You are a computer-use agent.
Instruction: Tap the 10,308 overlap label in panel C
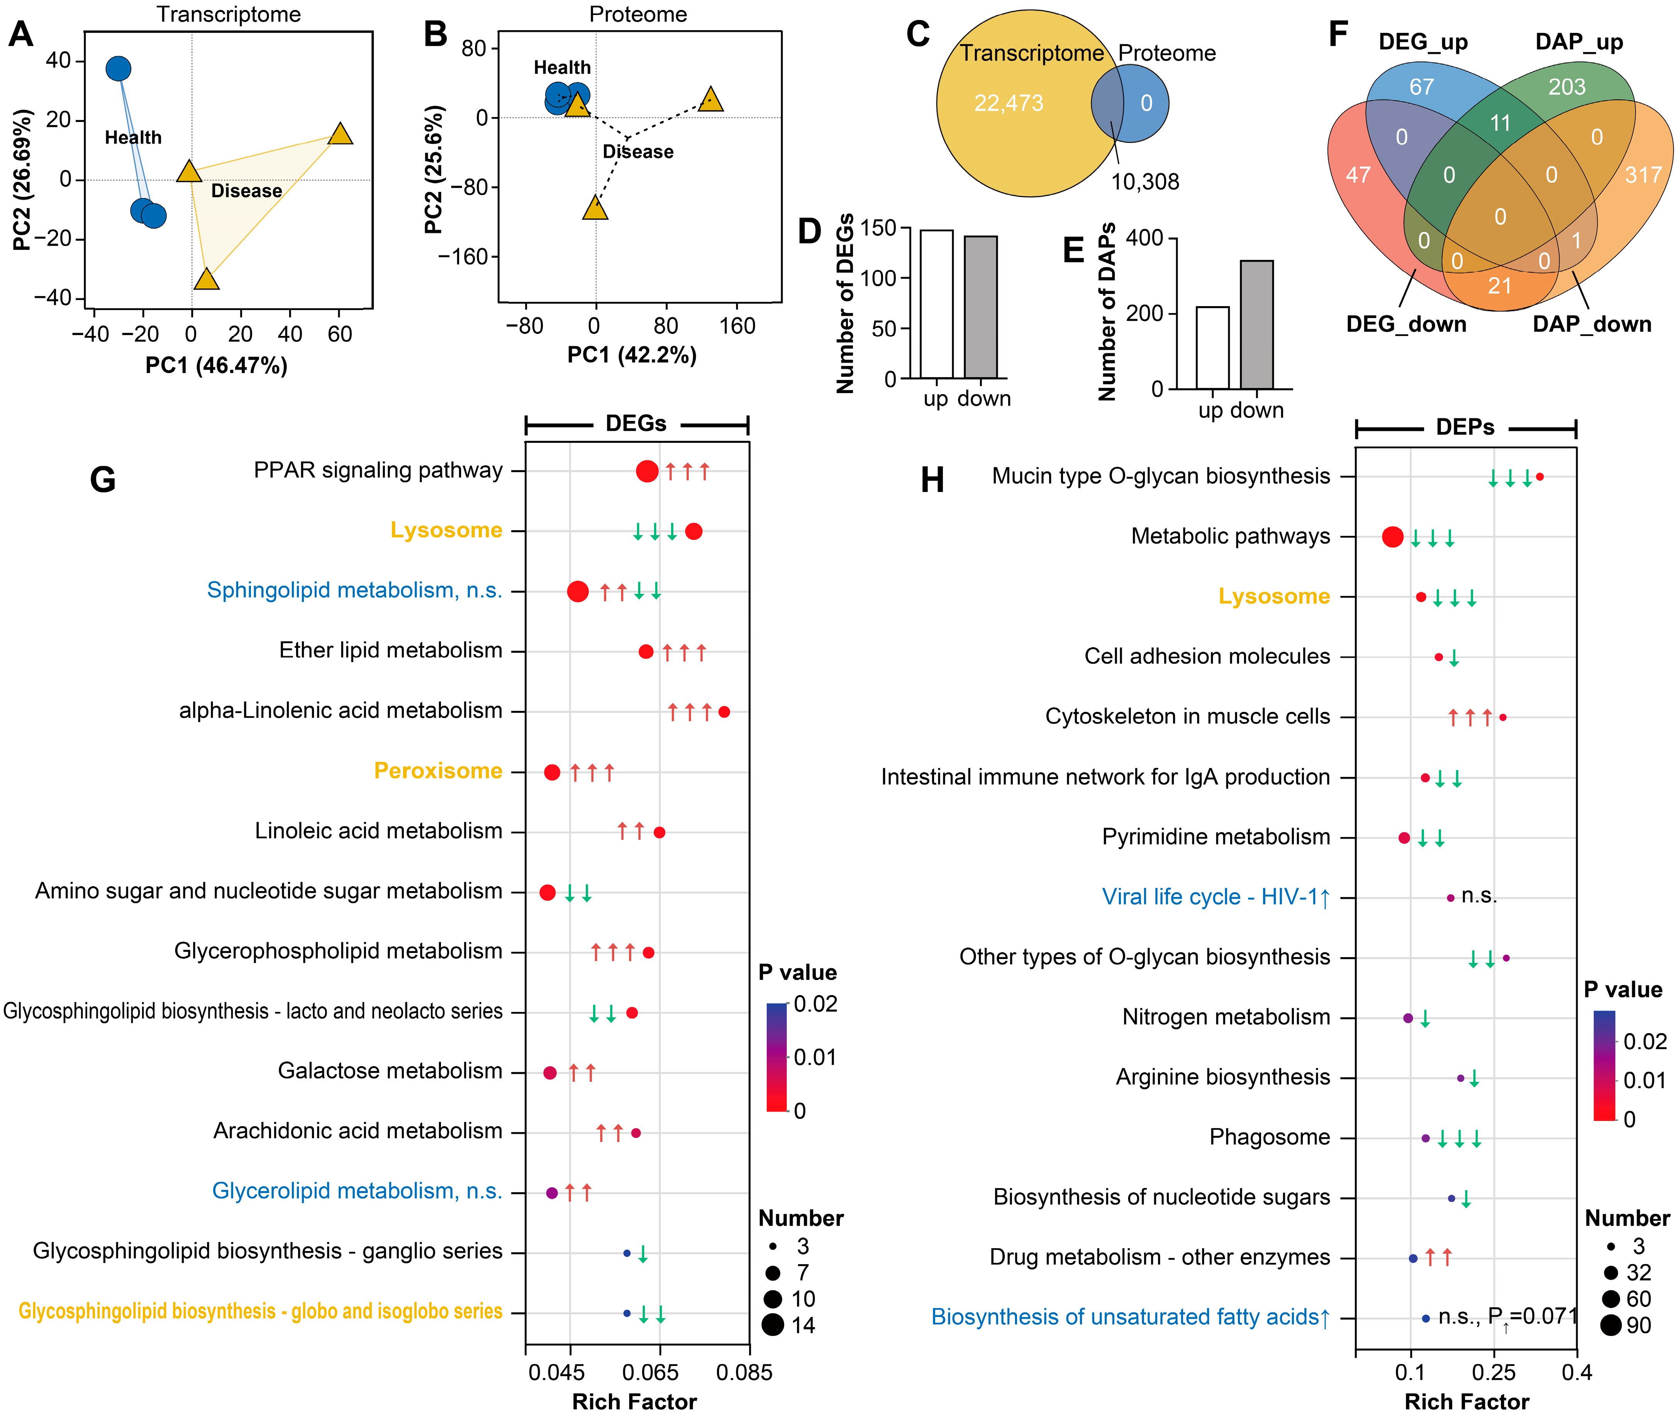click(x=1145, y=181)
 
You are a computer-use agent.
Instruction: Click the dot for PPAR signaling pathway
click(x=647, y=471)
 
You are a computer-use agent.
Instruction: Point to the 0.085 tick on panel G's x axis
click(x=744, y=1372)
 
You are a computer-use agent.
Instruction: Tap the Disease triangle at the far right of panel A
click(x=341, y=134)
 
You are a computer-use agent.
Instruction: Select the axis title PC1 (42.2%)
click(x=632, y=355)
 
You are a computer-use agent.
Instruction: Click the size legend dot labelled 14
click(x=773, y=1325)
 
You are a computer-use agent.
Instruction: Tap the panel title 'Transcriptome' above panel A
click(x=229, y=14)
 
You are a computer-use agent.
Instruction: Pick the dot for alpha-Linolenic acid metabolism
click(x=724, y=712)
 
